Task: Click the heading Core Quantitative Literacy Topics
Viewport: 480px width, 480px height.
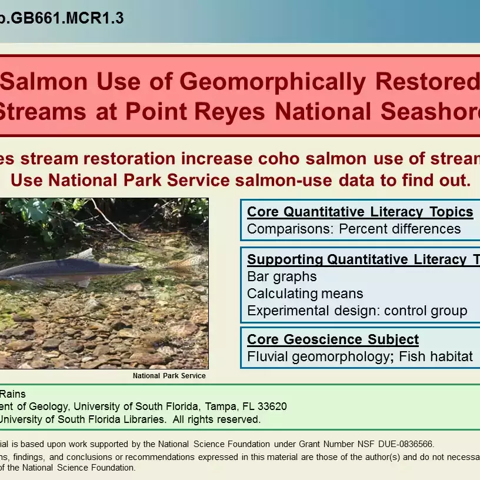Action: tap(360, 212)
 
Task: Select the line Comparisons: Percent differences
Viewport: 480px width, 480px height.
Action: tap(354, 229)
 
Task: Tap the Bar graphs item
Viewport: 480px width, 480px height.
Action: tap(282, 276)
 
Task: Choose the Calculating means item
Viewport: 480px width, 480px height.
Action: tap(305, 294)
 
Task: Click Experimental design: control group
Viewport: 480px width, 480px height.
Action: tap(357, 311)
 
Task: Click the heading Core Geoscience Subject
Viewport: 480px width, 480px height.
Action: tap(333, 339)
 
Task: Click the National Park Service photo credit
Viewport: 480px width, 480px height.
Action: tap(169, 376)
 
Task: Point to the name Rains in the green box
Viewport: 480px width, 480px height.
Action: tap(13, 394)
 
